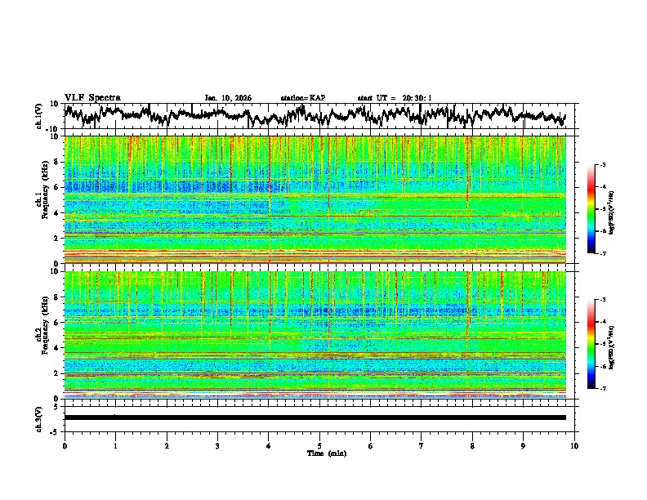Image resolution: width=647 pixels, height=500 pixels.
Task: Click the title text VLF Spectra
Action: [92, 97]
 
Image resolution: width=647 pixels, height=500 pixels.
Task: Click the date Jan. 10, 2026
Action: [228, 98]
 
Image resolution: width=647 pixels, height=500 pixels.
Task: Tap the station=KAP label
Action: [303, 98]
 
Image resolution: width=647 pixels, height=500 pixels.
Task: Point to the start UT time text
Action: [395, 98]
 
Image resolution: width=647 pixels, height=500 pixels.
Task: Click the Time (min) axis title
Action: [319, 453]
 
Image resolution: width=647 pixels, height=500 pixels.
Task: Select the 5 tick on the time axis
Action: [319, 445]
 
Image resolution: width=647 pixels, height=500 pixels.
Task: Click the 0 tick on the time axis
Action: [65, 445]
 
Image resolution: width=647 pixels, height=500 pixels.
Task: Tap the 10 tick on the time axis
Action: [574, 445]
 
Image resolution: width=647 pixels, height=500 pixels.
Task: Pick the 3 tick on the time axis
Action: [217, 445]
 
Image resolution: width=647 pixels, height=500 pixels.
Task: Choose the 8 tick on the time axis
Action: [472, 445]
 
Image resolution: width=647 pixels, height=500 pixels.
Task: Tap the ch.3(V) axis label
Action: [38, 417]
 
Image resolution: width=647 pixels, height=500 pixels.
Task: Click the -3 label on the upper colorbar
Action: [602, 165]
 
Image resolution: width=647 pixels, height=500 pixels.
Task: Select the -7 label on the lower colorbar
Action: [602, 389]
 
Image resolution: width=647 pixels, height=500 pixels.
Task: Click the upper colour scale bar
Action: [591, 209]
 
